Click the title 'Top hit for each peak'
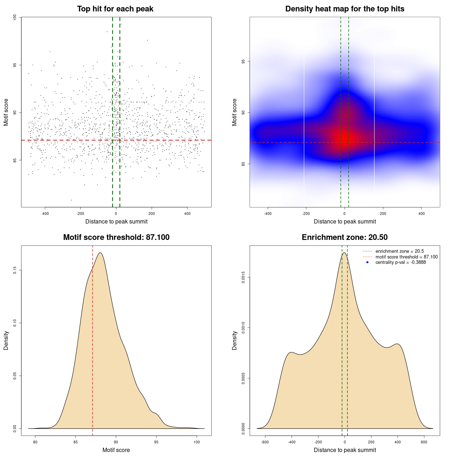point(115,9)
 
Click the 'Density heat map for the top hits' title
point(345,9)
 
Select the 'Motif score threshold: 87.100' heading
point(116,237)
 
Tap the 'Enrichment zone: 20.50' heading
point(345,237)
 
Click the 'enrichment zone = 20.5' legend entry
point(400,251)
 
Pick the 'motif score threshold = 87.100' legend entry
point(406,257)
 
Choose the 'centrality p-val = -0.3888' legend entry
point(401,262)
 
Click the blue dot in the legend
point(367,262)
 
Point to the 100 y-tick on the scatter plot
point(15,17)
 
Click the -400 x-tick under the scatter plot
point(45,214)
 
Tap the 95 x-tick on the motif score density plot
point(156,442)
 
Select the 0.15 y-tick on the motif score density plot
point(15,270)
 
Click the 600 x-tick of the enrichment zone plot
point(424,442)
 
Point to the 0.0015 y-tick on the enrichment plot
point(243,277)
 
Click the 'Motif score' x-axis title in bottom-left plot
point(116,450)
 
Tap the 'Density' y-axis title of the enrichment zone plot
point(235,340)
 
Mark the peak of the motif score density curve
point(100,253)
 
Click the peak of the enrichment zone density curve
point(344,253)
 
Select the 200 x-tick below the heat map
point(383,214)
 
